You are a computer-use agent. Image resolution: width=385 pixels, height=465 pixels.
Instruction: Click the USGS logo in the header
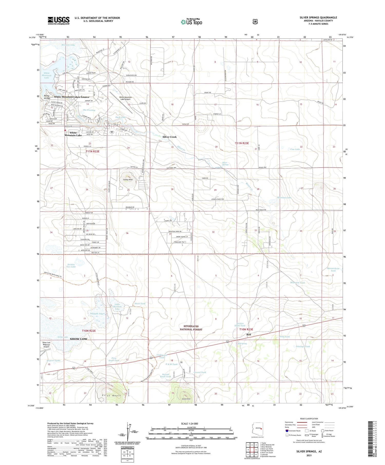pyautogui.click(x=59, y=21)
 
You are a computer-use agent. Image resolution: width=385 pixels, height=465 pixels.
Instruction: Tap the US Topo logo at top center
pyautogui.click(x=191, y=22)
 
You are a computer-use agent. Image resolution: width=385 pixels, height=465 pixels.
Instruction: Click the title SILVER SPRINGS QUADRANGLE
pyautogui.click(x=318, y=17)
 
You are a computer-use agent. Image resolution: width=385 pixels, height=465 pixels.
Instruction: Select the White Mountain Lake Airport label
pyautogui.click(x=126, y=98)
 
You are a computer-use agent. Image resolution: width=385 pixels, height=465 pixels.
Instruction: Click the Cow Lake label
pyautogui.click(x=295, y=149)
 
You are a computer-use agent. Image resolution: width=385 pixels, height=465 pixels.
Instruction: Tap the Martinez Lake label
pyautogui.click(x=284, y=197)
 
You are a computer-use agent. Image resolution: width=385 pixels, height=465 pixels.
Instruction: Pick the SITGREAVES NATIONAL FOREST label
pyautogui.click(x=191, y=328)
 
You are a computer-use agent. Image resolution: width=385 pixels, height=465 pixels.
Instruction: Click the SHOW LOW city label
pyautogui.click(x=79, y=339)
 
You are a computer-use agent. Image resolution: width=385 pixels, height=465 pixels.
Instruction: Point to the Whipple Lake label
pyautogui.click(x=97, y=314)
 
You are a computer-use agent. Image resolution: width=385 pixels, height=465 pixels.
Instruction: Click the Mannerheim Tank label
pyautogui.click(x=333, y=270)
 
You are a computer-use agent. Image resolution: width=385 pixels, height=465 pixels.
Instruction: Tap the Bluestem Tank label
pyautogui.click(x=297, y=283)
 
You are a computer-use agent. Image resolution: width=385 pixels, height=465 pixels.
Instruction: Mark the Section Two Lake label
pyautogui.click(x=71, y=265)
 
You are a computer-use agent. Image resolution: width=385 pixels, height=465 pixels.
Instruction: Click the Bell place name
pyautogui.click(x=248, y=334)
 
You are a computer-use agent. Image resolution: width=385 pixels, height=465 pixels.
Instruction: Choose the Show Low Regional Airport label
pyautogui.click(x=46, y=344)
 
